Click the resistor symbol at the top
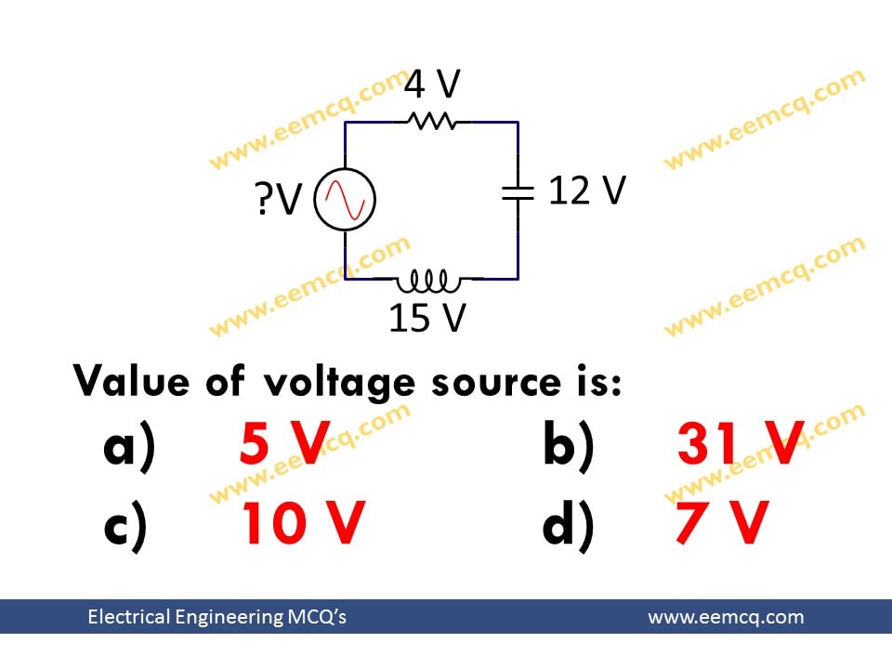430,121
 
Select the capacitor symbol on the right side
518,192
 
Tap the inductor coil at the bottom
428,278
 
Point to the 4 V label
432,85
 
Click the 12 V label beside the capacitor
587,191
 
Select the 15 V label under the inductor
426,319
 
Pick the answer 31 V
740,444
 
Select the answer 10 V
303,522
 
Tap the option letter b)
568,446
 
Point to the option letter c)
125,524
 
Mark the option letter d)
568,524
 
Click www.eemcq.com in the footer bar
726,617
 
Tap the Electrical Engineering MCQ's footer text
216,617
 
